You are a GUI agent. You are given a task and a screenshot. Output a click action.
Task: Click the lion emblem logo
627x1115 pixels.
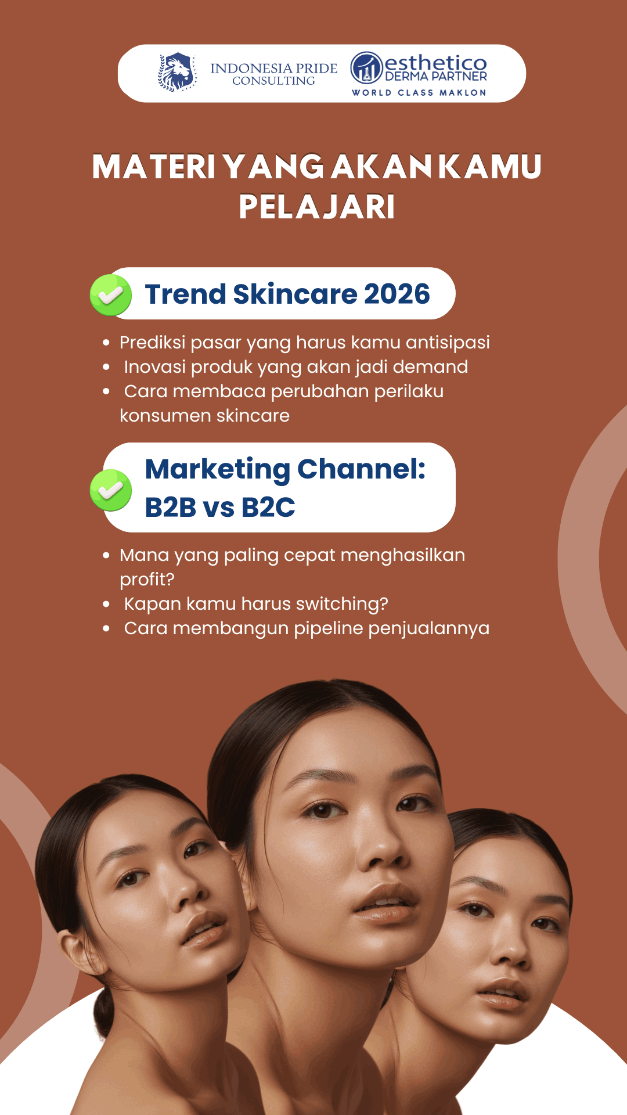177,73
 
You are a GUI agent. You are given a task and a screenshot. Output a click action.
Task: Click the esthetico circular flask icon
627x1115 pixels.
366,68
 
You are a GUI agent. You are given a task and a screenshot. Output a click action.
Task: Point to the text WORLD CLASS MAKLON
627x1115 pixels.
419,93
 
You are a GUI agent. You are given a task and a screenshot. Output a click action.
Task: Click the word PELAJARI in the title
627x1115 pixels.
317,207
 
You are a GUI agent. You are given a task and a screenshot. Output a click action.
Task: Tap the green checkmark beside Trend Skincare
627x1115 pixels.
111,295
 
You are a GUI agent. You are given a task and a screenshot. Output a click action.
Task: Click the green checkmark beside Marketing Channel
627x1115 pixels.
111,490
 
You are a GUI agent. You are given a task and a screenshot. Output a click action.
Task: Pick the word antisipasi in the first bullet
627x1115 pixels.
448,343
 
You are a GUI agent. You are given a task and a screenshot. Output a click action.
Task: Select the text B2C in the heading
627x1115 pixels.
268,507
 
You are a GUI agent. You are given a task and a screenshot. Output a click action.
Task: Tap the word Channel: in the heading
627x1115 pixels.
362,469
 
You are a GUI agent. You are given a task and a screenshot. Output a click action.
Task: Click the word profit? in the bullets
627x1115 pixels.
147,580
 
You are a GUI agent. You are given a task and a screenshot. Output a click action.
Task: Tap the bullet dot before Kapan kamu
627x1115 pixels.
106,604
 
